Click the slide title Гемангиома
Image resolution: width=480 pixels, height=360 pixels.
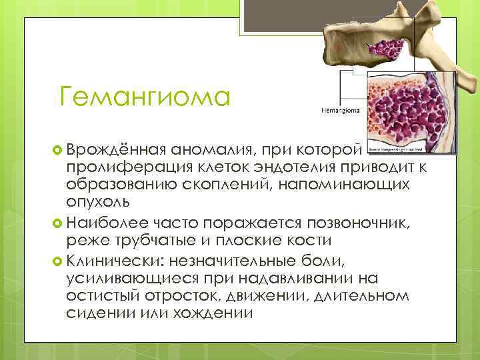point(144,97)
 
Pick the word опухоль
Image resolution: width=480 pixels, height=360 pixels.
point(99,201)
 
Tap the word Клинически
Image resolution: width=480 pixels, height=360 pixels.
point(121,259)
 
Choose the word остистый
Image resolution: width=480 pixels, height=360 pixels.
point(108,295)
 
